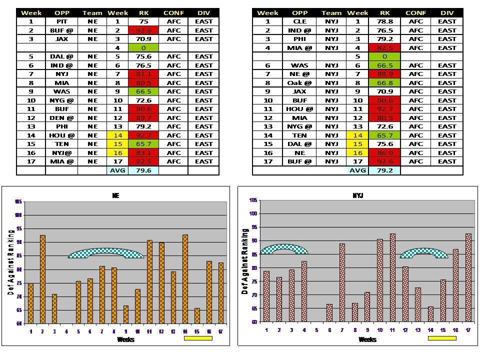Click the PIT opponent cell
(61, 21)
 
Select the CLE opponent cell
(299, 21)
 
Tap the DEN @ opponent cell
(61, 117)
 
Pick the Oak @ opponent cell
(299, 83)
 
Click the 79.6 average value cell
(143, 170)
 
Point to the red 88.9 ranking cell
(384, 74)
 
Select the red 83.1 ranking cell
(143, 152)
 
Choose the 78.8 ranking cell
(384, 21)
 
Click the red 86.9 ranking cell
(384, 152)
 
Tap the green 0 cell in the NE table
(143, 48)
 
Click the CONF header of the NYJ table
(415, 13)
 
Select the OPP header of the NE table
(61, 13)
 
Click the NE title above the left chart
(115, 196)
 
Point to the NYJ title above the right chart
(358, 195)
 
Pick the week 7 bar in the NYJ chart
(342, 282)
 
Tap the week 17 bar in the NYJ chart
(468, 277)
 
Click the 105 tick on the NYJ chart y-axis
(253, 200)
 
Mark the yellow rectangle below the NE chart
(198, 338)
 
